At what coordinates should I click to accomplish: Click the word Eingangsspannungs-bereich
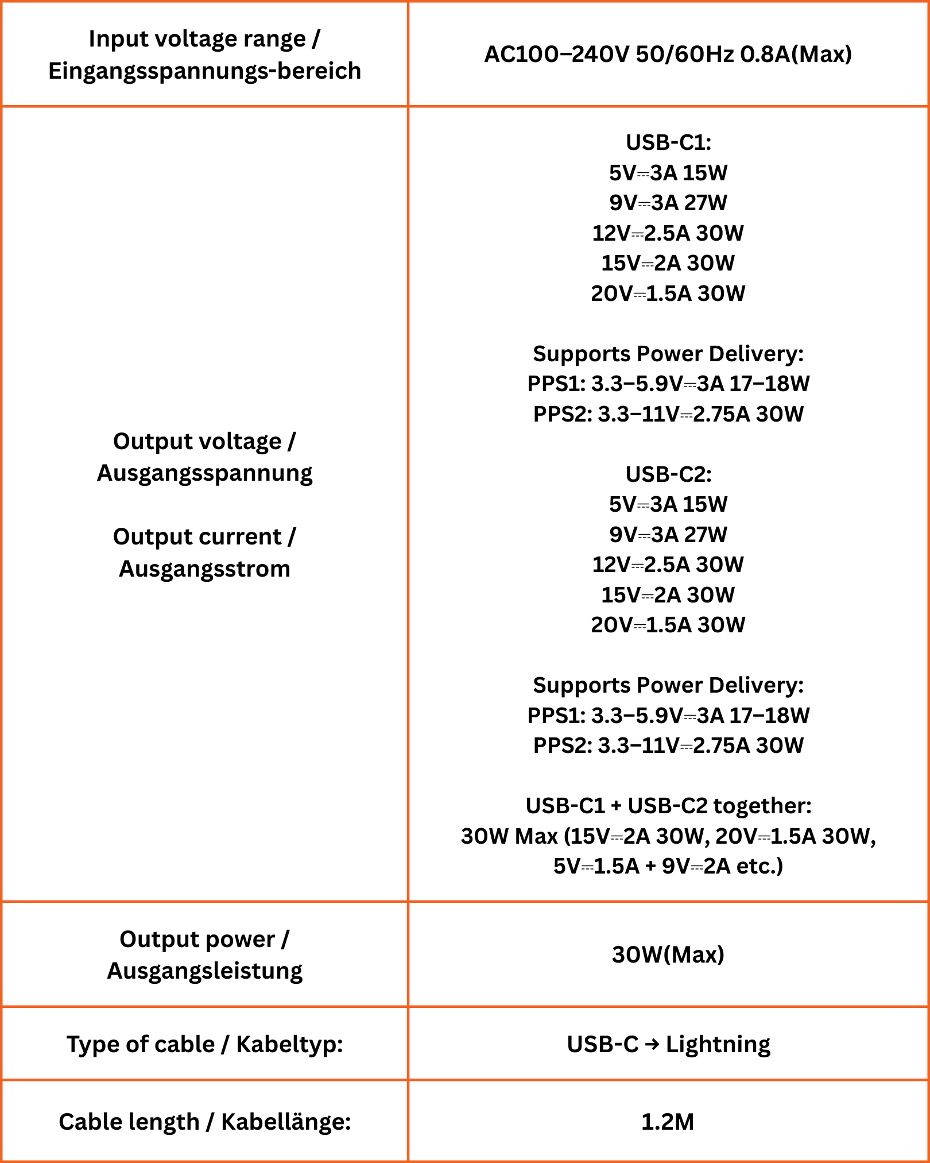pos(204,71)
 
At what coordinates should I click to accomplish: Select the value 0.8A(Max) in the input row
pos(796,55)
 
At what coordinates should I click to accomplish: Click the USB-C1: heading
pos(668,142)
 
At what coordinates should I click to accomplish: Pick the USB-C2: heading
pos(668,474)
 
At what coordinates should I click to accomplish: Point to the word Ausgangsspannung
pos(204,473)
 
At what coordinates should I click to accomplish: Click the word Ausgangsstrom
pos(204,569)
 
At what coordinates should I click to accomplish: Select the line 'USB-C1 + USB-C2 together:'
pos(668,806)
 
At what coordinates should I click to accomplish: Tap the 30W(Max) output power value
pos(668,955)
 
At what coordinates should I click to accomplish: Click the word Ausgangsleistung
pos(204,971)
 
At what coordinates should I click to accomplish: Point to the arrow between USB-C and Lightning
pos(652,1044)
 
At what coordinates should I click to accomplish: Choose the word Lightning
pos(718,1044)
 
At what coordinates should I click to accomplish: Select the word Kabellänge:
pos(286,1122)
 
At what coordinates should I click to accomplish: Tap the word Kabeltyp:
pos(289,1044)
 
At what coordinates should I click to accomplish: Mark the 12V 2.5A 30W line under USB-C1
pos(668,233)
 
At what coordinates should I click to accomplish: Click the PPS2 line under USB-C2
pos(668,745)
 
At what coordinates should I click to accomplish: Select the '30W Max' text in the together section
pos(509,836)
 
